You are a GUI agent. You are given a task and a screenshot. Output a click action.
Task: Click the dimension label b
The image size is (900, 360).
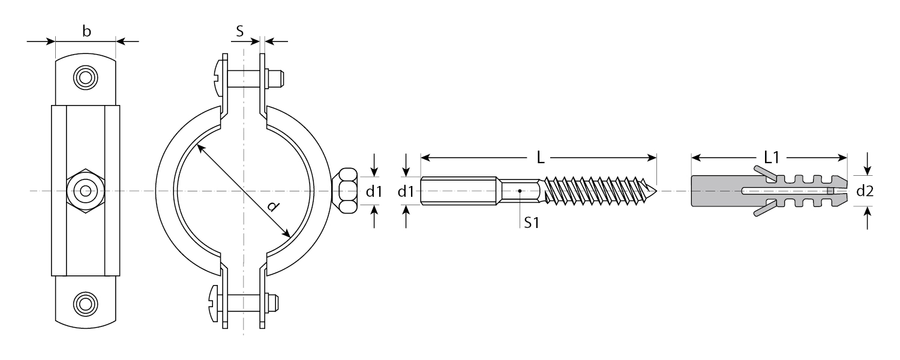coord(86,31)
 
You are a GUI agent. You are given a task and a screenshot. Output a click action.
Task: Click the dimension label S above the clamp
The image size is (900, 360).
coord(240,31)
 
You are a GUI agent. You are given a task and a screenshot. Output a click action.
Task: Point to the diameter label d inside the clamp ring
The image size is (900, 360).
coord(273,206)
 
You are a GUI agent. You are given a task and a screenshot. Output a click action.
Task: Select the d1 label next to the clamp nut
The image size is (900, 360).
coord(374,191)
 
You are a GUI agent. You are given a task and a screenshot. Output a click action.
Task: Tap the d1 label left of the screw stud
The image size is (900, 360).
coord(406,191)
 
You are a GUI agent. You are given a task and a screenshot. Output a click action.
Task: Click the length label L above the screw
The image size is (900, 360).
coord(541,158)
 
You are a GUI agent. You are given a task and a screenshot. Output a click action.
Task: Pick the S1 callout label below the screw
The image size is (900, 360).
coord(532,222)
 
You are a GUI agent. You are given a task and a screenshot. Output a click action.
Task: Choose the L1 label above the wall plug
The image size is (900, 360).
coord(772,157)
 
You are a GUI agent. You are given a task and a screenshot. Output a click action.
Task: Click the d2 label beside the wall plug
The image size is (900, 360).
coord(865,191)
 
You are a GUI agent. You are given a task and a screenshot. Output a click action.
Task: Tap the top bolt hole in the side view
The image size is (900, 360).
coord(86,77)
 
